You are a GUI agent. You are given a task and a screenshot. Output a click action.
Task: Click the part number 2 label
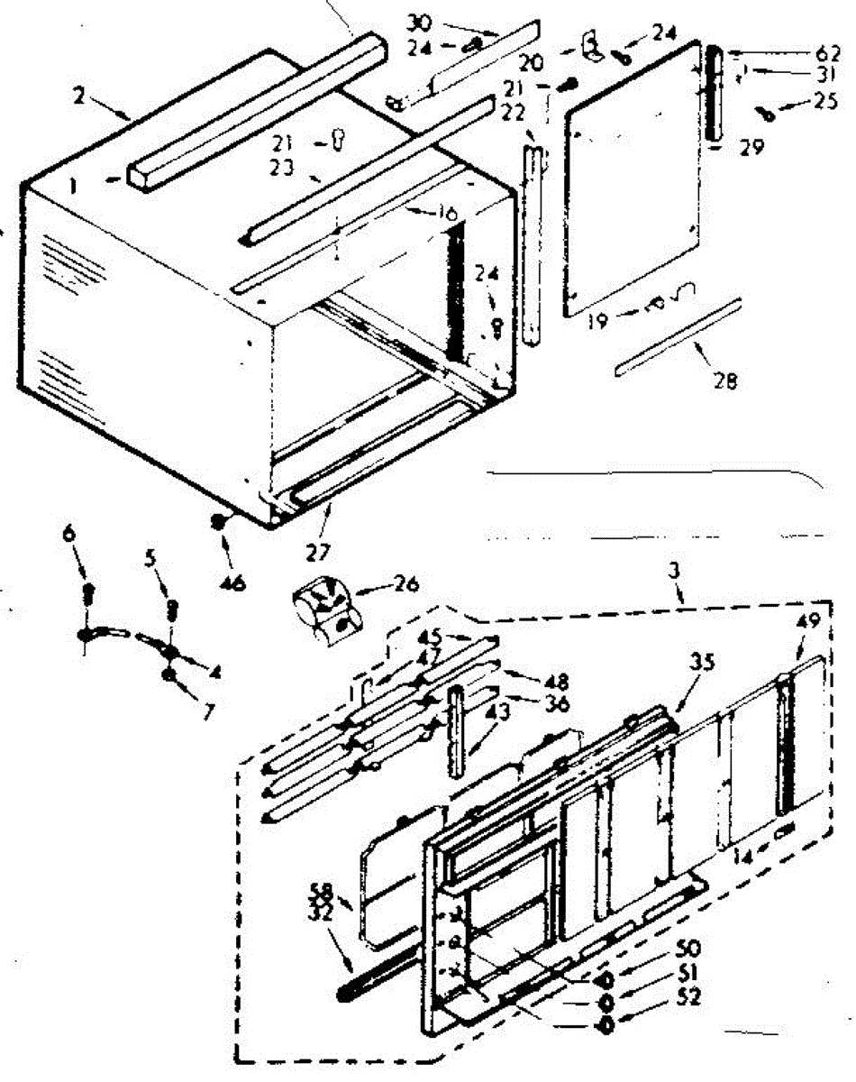pos(80,95)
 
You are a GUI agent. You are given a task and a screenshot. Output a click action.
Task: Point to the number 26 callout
pos(405,583)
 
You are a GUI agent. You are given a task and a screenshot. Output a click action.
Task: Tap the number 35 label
pos(702,663)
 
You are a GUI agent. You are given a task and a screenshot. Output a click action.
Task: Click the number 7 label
pos(208,711)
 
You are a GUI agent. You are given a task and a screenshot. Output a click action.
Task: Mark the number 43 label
pos(496,711)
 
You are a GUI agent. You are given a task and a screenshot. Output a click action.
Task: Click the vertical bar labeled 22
pos(532,243)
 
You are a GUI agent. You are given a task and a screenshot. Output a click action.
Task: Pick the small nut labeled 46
pos(217,520)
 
